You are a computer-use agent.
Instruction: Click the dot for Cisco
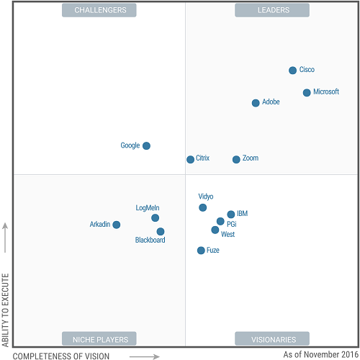(x=292, y=71)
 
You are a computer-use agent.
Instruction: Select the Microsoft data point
(x=307, y=93)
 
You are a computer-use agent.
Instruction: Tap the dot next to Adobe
(x=256, y=103)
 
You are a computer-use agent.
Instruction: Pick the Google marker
(x=146, y=145)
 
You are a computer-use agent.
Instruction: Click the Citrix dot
(x=190, y=159)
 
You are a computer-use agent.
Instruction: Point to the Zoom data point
(x=236, y=159)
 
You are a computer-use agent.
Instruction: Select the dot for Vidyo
(x=203, y=207)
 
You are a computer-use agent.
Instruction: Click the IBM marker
(x=231, y=215)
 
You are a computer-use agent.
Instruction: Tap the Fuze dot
(x=201, y=251)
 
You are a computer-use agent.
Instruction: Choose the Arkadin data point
(x=117, y=225)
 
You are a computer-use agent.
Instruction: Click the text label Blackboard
(x=150, y=240)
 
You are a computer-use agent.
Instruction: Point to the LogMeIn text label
(x=148, y=208)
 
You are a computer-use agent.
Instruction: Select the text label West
(x=228, y=235)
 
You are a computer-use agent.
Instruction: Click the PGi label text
(x=231, y=225)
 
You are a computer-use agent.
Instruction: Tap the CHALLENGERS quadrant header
(x=99, y=10)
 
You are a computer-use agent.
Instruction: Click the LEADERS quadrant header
(x=272, y=10)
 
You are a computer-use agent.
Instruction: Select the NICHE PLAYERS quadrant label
(x=99, y=339)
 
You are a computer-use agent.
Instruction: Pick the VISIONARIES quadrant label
(x=272, y=339)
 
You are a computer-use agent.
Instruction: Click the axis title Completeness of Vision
(x=62, y=356)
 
